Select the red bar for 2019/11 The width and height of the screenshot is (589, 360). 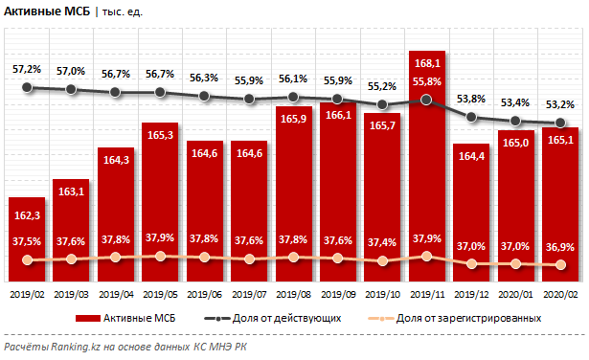click(426, 163)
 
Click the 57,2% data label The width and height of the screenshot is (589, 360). click(27, 70)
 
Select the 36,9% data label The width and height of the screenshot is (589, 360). click(559, 246)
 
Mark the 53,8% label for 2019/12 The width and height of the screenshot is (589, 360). click(470, 99)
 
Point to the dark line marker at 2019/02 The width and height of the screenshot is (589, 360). click(27, 87)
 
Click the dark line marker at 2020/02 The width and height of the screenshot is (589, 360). click(559, 123)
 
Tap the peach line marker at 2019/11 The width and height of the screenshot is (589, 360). click(426, 256)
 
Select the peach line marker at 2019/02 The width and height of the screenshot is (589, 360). click(27, 260)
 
